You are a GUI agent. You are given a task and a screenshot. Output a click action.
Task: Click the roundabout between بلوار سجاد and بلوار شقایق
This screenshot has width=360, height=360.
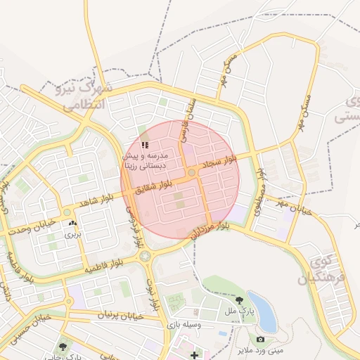coord(191,172)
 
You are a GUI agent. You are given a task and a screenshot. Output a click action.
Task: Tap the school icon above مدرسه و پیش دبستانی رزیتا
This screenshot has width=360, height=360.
coord(145,144)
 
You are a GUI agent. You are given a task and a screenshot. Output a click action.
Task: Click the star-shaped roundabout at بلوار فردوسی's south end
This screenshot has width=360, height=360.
coord(146,256)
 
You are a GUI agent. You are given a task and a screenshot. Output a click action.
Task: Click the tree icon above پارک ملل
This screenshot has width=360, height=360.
coord(243,300)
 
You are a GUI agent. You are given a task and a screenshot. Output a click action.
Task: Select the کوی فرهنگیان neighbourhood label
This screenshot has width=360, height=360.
coord(323,269)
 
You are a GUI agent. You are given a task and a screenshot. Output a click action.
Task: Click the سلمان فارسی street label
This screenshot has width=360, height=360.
coord(188,117)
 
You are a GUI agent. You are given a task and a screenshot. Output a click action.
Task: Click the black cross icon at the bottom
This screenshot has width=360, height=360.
coord(195,355)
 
